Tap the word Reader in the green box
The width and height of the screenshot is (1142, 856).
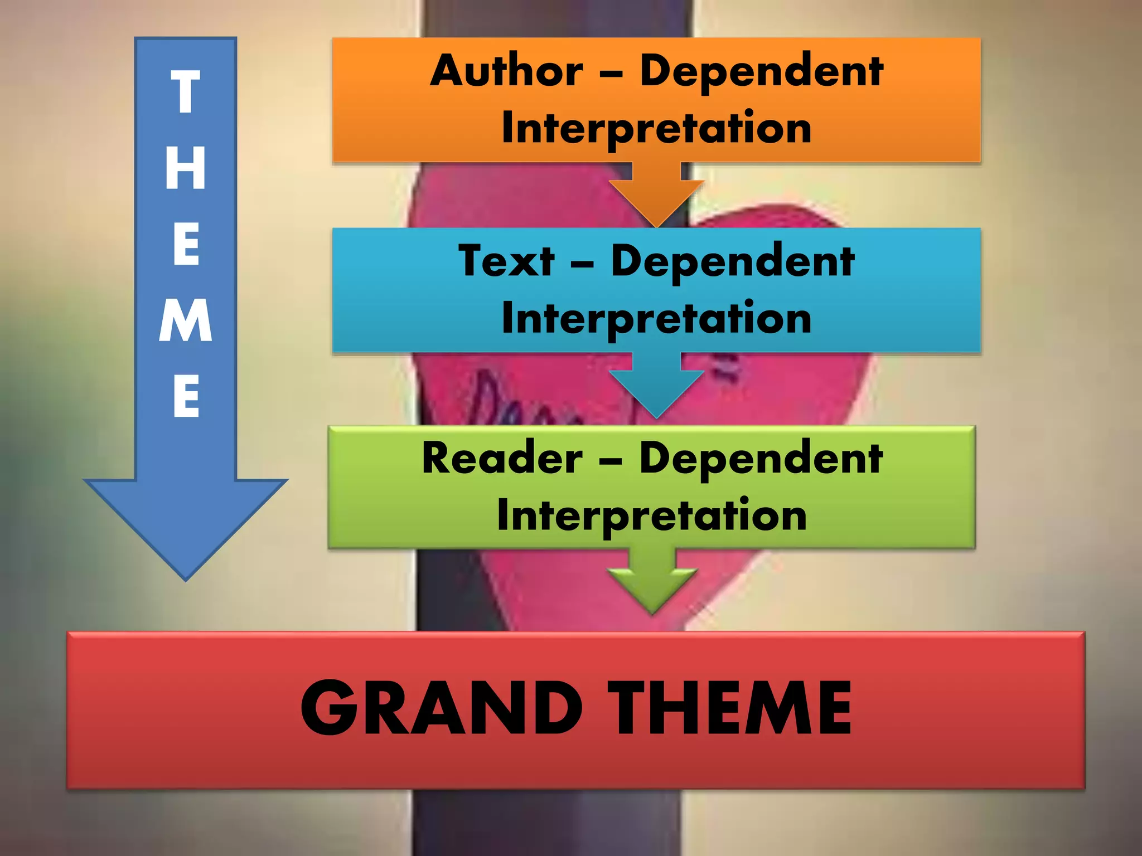coord(502,458)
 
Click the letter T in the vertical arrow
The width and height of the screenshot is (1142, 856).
coord(186,92)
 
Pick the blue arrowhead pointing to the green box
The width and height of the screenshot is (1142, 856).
coord(657,390)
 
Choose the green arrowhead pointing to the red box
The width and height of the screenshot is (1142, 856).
coord(652,588)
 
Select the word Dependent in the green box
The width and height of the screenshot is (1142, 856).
coord(761,458)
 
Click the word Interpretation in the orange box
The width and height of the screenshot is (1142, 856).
coord(656,128)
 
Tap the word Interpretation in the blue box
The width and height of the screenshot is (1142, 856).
coord(656,319)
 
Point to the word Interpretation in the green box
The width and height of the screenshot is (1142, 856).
coord(652,515)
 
